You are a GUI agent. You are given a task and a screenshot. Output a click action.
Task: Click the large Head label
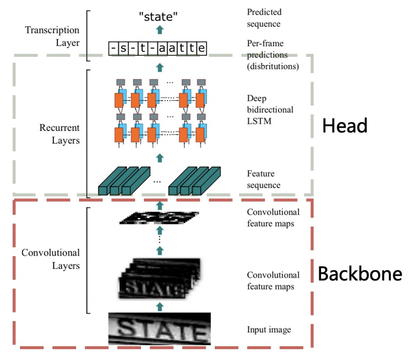[x=345, y=126]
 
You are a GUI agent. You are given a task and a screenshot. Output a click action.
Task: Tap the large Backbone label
[x=360, y=274]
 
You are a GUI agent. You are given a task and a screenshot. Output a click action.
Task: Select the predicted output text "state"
[x=158, y=17]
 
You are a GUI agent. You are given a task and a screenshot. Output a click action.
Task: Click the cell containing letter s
[x=123, y=48]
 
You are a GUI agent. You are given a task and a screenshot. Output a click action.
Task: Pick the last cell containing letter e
[x=202, y=48]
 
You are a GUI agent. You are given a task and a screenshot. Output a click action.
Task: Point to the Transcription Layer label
[x=52, y=36]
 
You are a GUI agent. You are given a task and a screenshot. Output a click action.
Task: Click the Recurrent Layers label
[x=59, y=134]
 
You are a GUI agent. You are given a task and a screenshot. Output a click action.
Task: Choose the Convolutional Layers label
[x=50, y=259]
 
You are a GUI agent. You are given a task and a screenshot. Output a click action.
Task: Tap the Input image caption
[x=269, y=330]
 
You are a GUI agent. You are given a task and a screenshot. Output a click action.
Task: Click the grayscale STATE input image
[x=159, y=329]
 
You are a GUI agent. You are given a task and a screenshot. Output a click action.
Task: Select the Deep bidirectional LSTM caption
[x=270, y=110]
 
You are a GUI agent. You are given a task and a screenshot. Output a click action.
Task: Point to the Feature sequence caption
[x=263, y=179]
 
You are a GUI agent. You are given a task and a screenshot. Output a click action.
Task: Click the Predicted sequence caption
[x=264, y=18]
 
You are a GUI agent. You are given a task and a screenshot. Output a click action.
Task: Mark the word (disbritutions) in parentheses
[x=273, y=67]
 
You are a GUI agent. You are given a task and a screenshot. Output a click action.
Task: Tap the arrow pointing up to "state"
[x=160, y=30]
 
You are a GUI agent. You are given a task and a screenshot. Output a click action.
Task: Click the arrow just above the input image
[x=160, y=307]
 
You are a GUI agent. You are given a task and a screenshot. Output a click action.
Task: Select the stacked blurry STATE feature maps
[x=159, y=279]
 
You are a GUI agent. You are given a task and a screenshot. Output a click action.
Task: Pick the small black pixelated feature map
[x=159, y=218]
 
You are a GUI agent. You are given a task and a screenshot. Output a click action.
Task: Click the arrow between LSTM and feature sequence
[x=160, y=158]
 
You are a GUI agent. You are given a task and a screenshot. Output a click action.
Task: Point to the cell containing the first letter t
[x=143, y=48]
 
